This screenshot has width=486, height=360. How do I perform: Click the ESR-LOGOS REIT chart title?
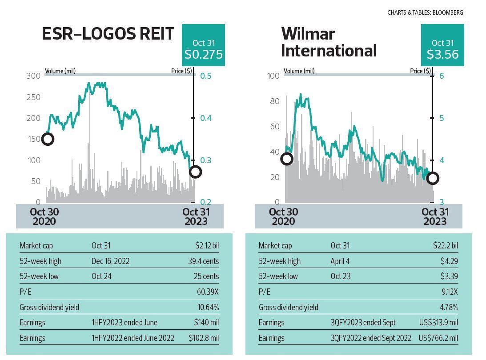(108, 34)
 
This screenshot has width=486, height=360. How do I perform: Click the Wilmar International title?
(329, 42)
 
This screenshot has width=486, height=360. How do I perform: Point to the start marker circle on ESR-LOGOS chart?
(48, 139)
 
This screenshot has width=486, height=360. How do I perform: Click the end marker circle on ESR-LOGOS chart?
(195, 172)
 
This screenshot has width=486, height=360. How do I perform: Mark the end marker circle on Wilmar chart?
(433, 178)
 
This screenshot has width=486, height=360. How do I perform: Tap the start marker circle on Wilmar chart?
(287, 159)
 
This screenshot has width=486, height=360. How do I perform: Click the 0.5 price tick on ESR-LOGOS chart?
(205, 76)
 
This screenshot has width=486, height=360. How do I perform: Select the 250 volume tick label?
(34, 97)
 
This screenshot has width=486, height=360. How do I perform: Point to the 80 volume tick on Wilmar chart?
(275, 101)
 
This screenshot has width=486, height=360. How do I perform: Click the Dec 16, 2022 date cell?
(110, 261)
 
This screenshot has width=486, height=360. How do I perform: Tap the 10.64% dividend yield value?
(208, 308)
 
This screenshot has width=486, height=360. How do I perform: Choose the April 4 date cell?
(340, 261)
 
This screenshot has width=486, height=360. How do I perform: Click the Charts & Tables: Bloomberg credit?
(425, 12)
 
